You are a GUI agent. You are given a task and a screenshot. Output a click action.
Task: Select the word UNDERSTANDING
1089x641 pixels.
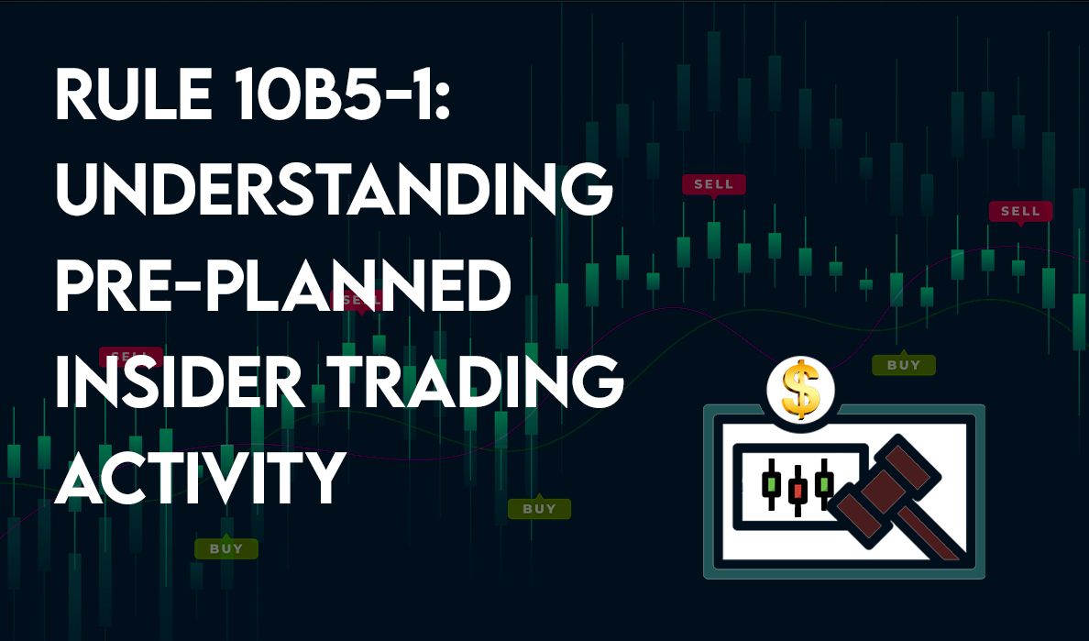click(334, 189)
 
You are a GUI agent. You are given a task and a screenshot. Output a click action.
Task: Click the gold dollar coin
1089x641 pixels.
click(801, 390)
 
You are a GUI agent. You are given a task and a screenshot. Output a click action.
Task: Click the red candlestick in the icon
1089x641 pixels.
click(797, 491)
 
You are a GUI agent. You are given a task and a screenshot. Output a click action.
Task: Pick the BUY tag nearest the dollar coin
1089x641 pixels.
click(904, 365)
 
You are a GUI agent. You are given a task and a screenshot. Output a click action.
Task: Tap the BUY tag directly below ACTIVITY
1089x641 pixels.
click(226, 548)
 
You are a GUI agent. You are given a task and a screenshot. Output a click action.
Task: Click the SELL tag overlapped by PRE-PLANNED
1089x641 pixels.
click(362, 301)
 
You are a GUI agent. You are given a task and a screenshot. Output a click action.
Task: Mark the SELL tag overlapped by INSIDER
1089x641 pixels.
click(130, 357)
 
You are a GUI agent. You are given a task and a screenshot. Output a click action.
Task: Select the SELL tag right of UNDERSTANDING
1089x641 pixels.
click(714, 184)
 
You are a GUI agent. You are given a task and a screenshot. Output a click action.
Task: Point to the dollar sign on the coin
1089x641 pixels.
click(801, 390)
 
